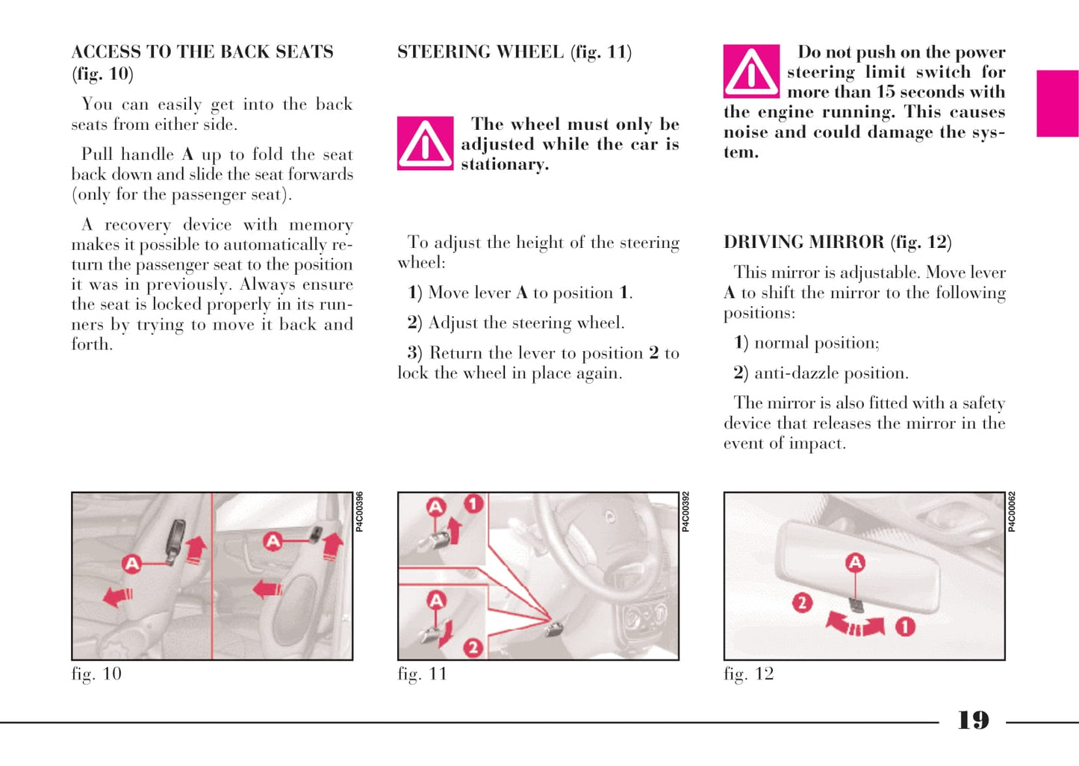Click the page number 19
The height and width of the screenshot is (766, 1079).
pos(973,720)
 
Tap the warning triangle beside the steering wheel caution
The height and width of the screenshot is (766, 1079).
pos(425,143)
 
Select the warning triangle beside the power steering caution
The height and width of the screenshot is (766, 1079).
pos(751,72)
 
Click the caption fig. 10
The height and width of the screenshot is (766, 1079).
pos(96,674)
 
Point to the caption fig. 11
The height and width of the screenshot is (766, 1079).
pos(422,674)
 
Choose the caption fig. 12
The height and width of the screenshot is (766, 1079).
pos(748,674)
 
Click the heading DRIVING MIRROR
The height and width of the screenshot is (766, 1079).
pos(803,242)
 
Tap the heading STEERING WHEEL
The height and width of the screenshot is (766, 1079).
pos(480,52)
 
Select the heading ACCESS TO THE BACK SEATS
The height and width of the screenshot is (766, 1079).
pos(202,52)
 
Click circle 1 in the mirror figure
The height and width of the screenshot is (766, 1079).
pos(905,626)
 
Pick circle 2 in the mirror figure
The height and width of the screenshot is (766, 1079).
pos(802,602)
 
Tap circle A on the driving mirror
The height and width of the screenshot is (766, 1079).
pos(855,562)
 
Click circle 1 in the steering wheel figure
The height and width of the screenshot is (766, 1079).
pos(473,504)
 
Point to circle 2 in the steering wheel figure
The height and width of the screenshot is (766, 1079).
pos(473,647)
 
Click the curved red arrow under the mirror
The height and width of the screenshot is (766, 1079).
pos(855,623)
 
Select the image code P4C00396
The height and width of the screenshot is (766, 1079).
pos(359,511)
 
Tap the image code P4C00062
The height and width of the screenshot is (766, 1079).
pos(1012,511)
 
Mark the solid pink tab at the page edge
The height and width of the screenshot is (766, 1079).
pos(1057,103)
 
